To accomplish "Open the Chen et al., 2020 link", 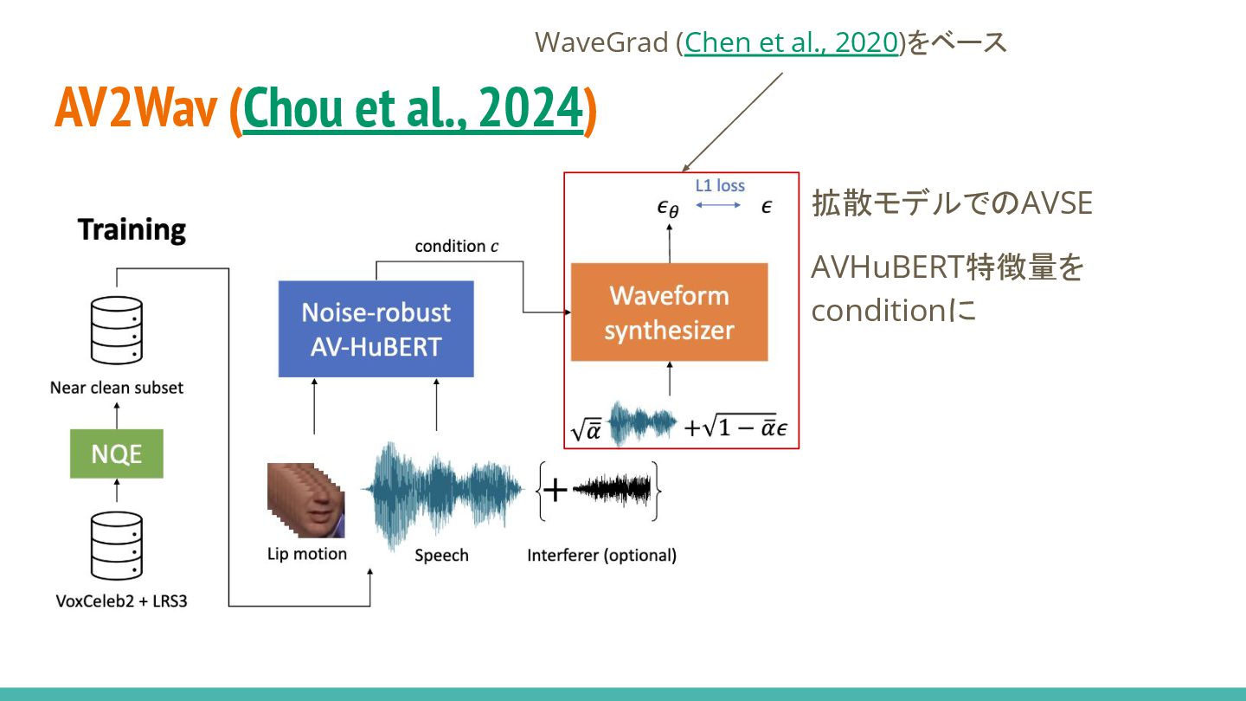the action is pos(791,42).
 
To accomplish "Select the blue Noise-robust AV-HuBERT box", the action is pos(376,329).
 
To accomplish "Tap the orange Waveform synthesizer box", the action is pos(669,312).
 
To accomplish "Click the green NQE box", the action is pos(116,453).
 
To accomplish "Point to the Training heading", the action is pos(132,230).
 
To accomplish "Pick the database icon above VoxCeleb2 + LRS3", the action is pos(117,547).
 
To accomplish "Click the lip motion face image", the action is pos(305,500).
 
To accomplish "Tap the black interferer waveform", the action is pos(612,491).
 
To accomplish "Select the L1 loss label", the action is pos(720,185).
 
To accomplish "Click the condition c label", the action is pos(456,246).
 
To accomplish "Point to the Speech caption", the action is pos(441,556).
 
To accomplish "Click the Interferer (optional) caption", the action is pos(601,556).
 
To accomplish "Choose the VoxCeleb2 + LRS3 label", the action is pos(120,600).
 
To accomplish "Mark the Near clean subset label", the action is pos(117,388).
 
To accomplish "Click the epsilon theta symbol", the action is pos(668,208).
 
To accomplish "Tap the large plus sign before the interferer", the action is pos(555,491).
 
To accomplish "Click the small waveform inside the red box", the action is pos(641,423).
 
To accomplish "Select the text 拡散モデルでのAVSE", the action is pos(952,203).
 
